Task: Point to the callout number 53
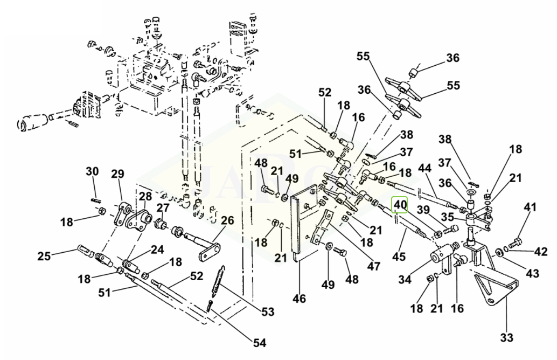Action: [x=267, y=311]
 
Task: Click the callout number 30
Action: [x=92, y=172]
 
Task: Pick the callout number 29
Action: [x=118, y=174]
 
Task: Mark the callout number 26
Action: [x=227, y=220]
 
